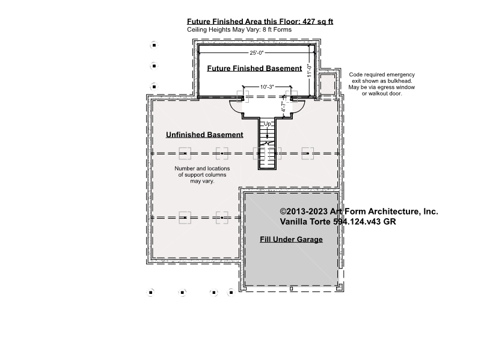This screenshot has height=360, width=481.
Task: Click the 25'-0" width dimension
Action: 257,53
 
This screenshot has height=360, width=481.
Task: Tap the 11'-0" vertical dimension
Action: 310,70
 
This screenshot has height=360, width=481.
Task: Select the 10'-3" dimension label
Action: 267,87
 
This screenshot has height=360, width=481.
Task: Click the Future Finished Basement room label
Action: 254,69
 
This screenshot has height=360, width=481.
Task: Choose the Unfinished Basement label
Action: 204,135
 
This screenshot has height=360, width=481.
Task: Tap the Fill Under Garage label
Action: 291,239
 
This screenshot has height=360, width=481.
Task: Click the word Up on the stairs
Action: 268,124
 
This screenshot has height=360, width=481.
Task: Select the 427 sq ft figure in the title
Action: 318,22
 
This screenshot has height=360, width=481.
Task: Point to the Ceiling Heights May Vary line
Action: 239,29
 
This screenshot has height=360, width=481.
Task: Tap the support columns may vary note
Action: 202,175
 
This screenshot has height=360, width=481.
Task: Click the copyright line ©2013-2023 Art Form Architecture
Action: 359,212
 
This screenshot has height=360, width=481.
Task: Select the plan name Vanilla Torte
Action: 305,221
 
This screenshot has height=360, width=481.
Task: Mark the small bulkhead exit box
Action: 327,85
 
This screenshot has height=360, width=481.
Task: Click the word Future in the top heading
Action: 198,22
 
